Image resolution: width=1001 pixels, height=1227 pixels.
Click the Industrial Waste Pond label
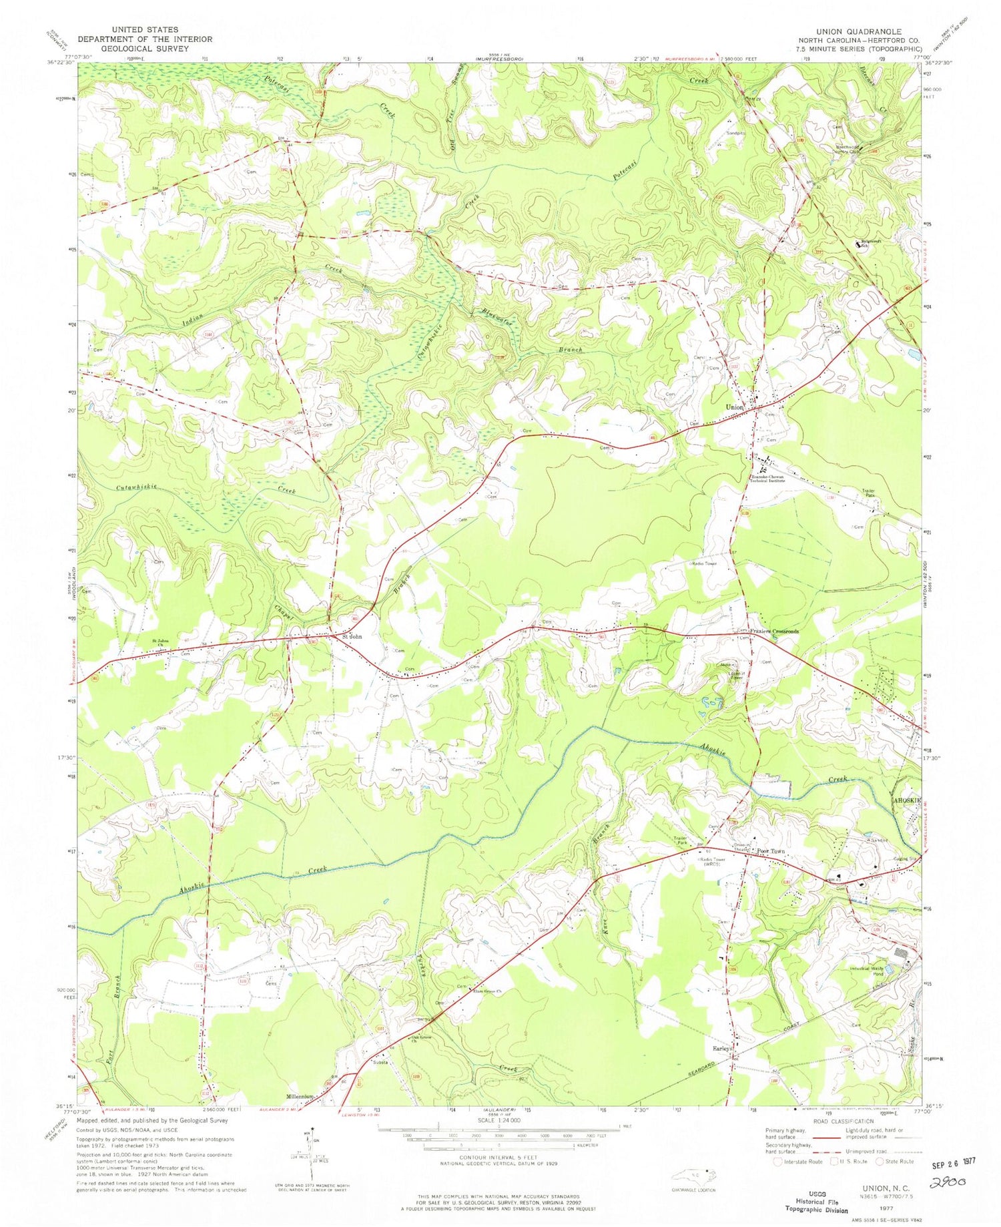(868, 969)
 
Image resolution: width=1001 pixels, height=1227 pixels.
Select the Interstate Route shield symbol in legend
(777, 1161)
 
